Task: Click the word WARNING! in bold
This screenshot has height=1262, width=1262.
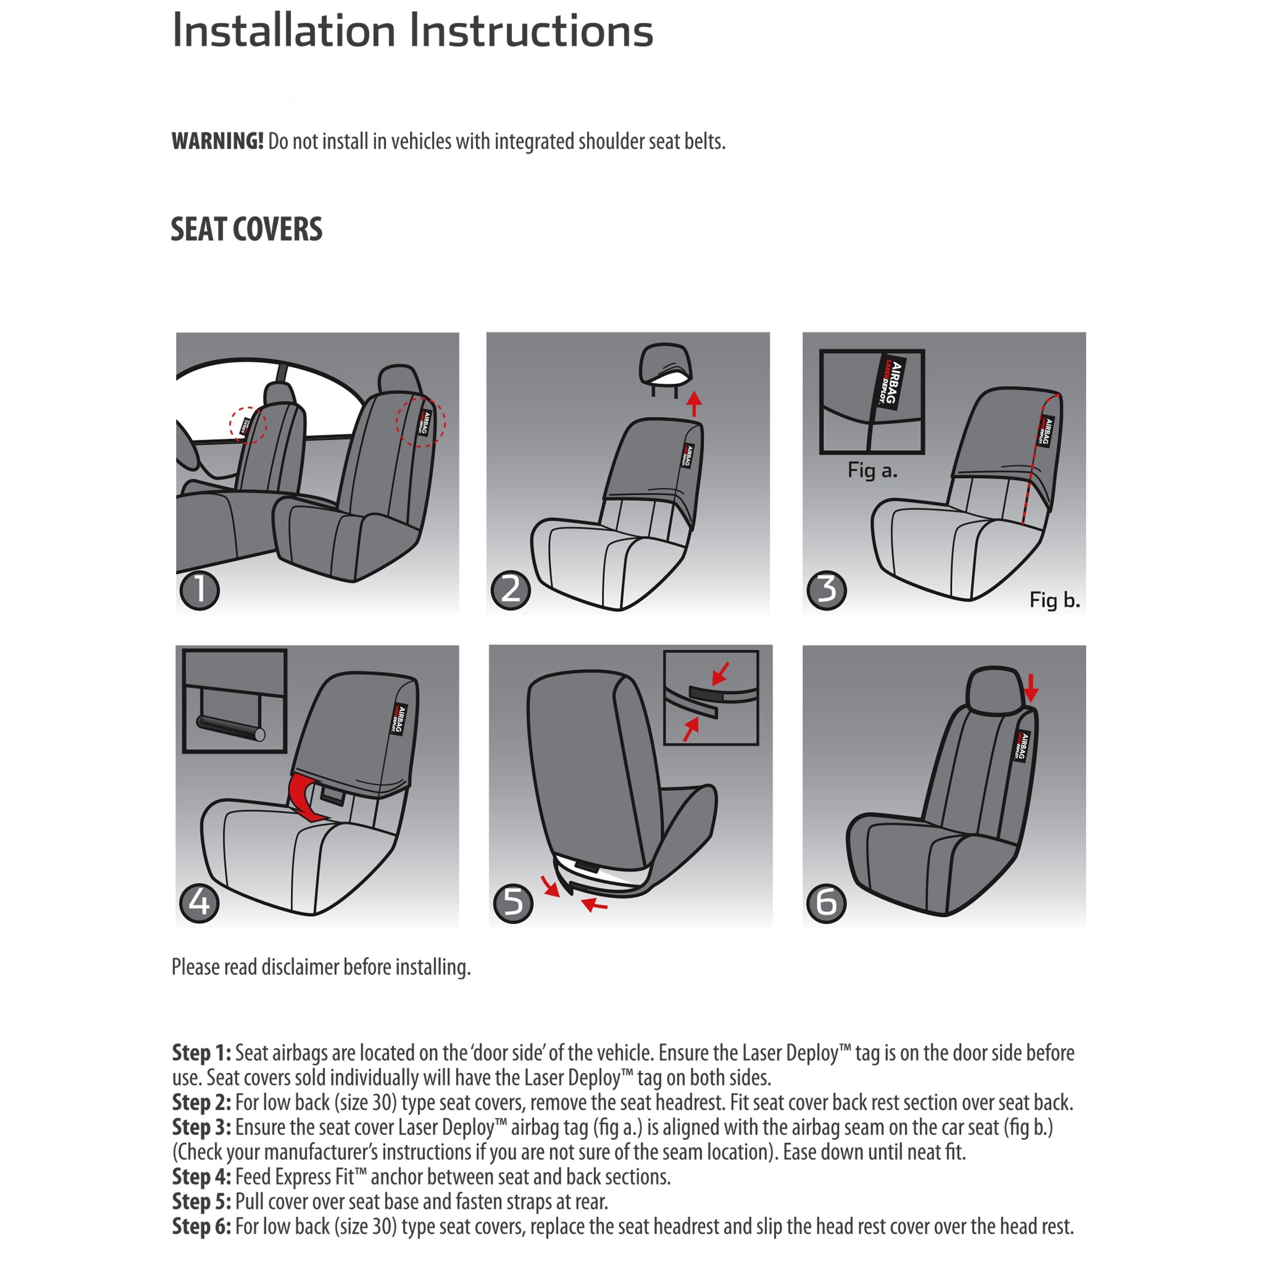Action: click(217, 141)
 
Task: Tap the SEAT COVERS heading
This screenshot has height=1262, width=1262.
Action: click(246, 229)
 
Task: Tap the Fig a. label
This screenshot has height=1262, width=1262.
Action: click(872, 470)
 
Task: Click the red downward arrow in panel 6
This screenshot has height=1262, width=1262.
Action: click(1031, 687)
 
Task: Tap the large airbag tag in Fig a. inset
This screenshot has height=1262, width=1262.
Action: click(890, 384)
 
